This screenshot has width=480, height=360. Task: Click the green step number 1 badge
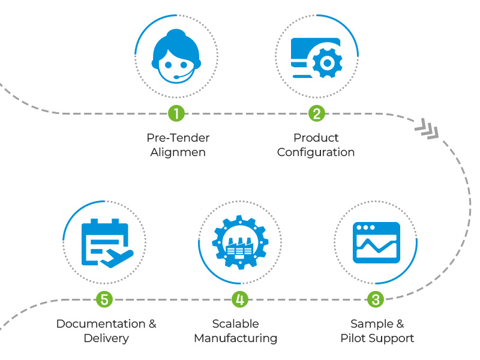(176, 113)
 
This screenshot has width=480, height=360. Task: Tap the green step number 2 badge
(316, 113)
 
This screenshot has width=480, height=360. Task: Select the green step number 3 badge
(376, 299)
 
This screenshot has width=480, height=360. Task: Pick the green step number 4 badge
(239, 299)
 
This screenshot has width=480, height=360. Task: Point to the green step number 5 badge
(104, 299)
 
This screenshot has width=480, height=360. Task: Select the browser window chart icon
(376, 242)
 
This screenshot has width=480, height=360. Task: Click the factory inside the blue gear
(239, 246)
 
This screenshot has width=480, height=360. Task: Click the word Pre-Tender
(178, 137)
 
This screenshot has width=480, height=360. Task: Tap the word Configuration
(316, 152)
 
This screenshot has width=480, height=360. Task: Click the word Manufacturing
(235, 338)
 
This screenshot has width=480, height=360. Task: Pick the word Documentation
(100, 324)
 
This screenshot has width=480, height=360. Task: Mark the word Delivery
(106, 338)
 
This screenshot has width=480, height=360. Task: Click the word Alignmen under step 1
(178, 152)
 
